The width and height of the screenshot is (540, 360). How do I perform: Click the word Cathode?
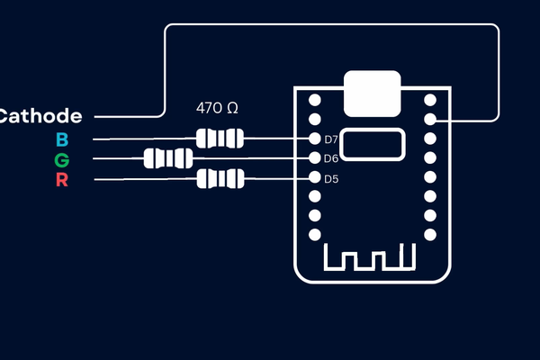pyautogui.click(x=41, y=116)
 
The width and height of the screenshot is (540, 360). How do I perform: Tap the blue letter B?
pyautogui.click(x=62, y=139)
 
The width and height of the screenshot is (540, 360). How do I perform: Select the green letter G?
pyautogui.click(x=61, y=160)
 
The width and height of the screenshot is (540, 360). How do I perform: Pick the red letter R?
pyautogui.click(x=61, y=180)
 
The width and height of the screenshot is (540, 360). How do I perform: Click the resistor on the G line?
pyautogui.click(x=168, y=159)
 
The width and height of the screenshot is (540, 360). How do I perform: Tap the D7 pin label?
pyautogui.click(x=331, y=139)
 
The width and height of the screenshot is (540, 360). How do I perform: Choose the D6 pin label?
pyautogui.click(x=331, y=158)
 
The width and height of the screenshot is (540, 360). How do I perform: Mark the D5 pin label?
pyautogui.click(x=331, y=178)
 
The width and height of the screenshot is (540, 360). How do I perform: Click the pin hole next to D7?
pyautogui.click(x=315, y=139)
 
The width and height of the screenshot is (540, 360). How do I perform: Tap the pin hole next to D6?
pyautogui.click(x=315, y=158)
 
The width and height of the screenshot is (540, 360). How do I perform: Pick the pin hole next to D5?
pyautogui.click(x=315, y=178)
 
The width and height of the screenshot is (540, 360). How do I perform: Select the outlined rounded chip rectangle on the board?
pyautogui.click(x=372, y=144)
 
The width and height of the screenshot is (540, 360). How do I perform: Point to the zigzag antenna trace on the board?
pyautogui.click(x=372, y=258)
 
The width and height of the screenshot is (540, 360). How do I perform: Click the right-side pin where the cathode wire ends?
pyautogui.click(x=431, y=119)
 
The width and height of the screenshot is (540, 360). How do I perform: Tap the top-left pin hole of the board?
pyautogui.click(x=315, y=100)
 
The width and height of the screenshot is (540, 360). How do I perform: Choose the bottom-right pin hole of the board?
pyautogui.click(x=431, y=235)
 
